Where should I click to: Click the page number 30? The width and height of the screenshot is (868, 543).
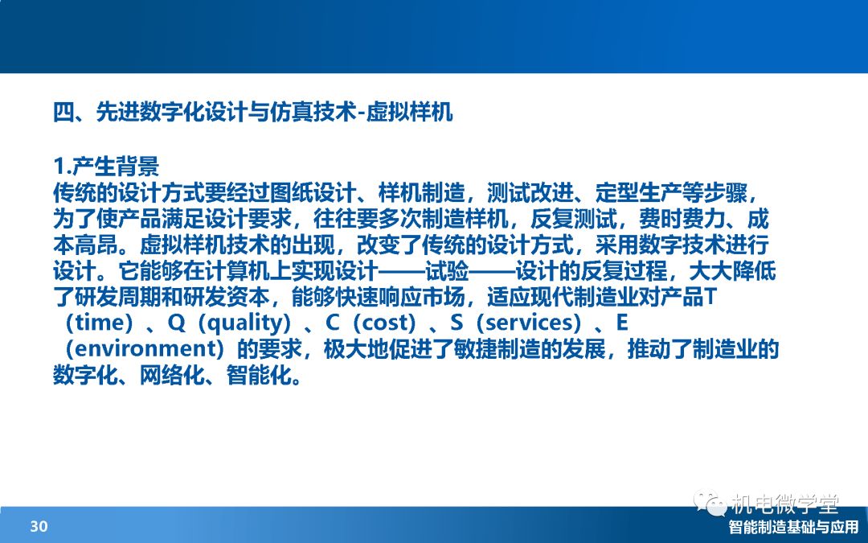point(39,526)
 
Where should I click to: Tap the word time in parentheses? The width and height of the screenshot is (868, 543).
point(99,323)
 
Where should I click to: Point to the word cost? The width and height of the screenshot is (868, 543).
point(383,323)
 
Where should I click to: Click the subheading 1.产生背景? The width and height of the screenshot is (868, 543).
point(106,167)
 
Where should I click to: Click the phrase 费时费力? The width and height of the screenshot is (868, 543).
point(682,220)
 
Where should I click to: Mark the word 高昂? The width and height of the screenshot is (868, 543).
point(96,245)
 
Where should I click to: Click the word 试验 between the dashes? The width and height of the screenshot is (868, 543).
point(447,272)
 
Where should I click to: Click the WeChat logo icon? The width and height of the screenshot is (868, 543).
point(709,503)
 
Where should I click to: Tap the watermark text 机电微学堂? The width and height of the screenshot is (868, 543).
point(784,504)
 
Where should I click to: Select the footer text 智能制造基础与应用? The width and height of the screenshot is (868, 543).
point(793,527)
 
